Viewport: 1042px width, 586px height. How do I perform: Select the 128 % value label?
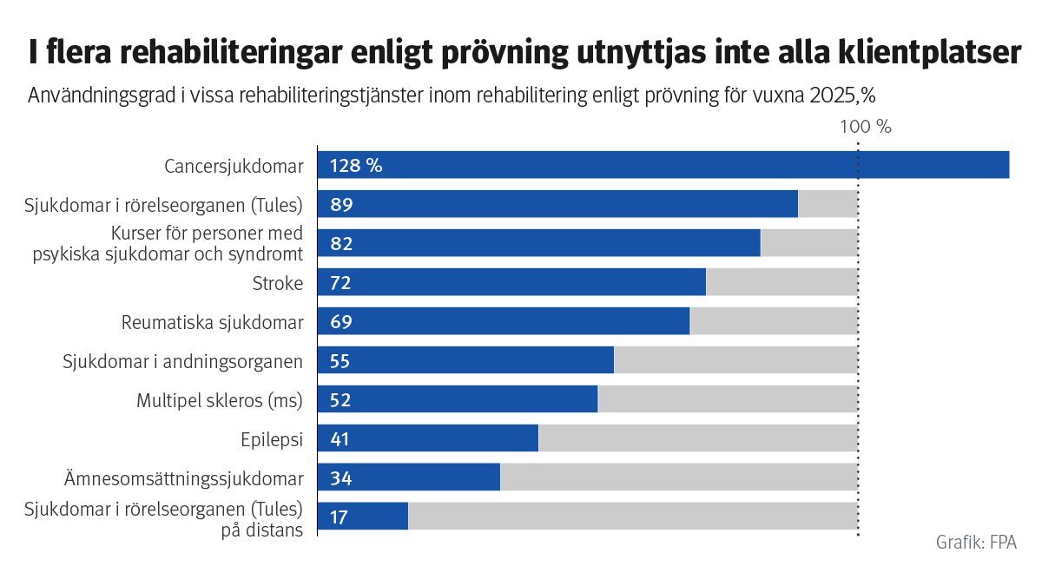(x=355, y=166)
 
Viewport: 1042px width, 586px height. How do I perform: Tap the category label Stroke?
(x=277, y=283)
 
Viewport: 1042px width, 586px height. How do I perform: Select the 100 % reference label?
(x=866, y=127)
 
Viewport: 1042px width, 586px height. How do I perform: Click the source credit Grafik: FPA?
(x=975, y=543)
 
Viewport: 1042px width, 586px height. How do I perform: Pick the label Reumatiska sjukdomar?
(x=212, y=322)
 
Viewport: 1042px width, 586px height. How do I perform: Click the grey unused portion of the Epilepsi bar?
(x=697, y=439)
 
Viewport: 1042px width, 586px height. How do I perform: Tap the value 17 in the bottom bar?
(x=339, y=517)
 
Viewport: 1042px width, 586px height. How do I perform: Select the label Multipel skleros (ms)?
(x=220, y=400)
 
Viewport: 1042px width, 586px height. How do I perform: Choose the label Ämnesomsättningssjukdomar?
(x=183, y=478)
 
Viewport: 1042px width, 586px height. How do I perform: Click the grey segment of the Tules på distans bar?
(x=632, y=517)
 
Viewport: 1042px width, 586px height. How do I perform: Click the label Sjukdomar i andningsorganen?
(x=182, y=361)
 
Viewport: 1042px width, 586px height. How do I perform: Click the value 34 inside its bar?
(x=340, y=478)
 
